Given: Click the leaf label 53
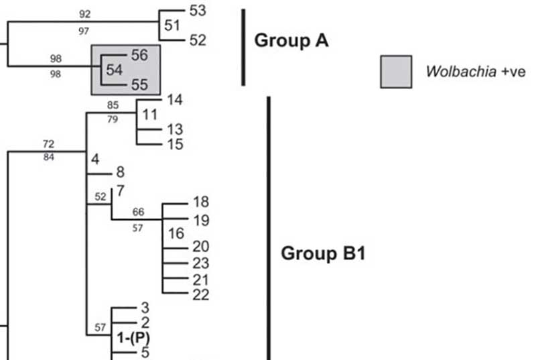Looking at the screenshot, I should [199, 10].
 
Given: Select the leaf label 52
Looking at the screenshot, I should [198, 41].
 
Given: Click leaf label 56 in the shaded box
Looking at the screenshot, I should [139, 56].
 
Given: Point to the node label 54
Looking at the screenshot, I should [115, 70].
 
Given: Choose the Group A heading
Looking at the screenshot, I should [291, 41].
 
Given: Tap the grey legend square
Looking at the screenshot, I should [396, 72].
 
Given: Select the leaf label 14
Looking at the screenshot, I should [175, 100].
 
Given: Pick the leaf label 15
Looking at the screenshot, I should [175, 144].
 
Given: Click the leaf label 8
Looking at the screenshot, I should [121, 173].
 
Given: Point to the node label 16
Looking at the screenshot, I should [175, 234].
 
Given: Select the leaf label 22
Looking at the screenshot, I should [201, 294].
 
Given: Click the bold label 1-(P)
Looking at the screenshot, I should [134, 337].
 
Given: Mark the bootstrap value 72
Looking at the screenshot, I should [48, 144].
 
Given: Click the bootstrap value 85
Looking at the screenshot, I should [112, 105].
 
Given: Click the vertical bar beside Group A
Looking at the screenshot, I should [243, 47].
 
